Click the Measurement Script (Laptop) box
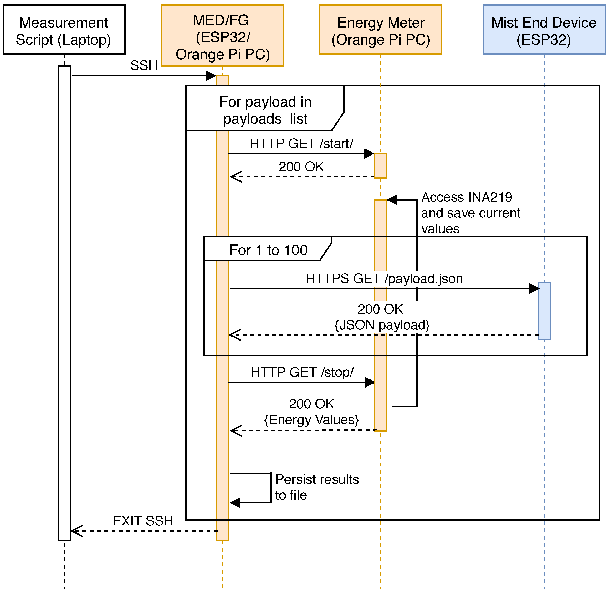[64, 30]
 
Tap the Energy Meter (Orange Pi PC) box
[380, 30]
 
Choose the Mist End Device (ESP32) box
[544, 30]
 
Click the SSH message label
[144, 66]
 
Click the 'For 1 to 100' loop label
[268, 250]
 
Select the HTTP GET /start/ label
[301, 144]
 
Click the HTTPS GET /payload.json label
[384, 279]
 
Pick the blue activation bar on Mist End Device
[544, 311]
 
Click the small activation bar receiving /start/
[380, 166]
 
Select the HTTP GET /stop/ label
[302, 372]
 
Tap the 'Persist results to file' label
[317, 487]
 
